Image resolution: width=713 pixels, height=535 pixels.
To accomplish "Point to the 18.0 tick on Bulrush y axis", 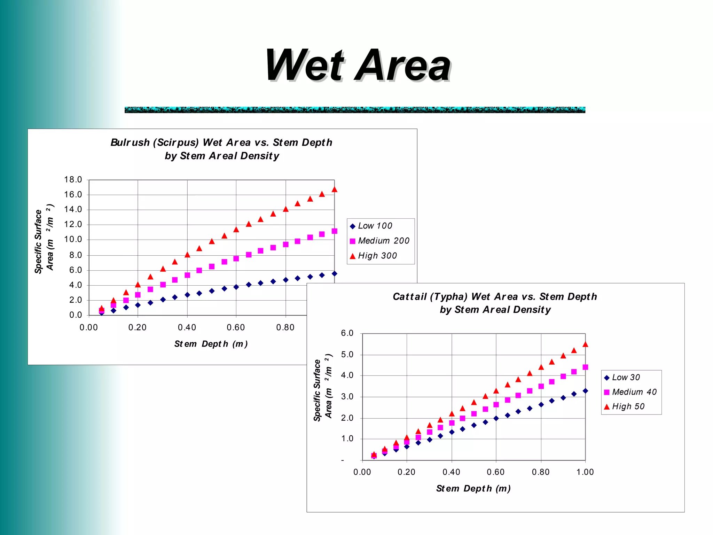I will click(73, 180).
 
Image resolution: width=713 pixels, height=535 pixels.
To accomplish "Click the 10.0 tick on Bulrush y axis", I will click(73, 240).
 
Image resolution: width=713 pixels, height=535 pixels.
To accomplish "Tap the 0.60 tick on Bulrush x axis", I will click(236, 328).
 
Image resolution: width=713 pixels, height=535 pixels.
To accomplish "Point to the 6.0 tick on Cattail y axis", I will click(347, 333).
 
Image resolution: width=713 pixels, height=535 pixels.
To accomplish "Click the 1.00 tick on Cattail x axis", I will click(585, 472).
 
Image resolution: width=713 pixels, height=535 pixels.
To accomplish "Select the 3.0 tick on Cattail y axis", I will click(347, 397).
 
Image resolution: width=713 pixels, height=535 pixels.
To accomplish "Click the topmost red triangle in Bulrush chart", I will click(335, 189).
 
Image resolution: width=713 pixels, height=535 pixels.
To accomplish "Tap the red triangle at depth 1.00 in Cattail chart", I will click(585, 344).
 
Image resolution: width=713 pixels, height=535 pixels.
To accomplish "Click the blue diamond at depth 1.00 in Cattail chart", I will click(585, 391).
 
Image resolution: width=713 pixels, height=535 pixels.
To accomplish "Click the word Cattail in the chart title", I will click(409, 297).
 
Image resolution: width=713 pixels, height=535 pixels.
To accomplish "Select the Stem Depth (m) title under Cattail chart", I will click(473, 489).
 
